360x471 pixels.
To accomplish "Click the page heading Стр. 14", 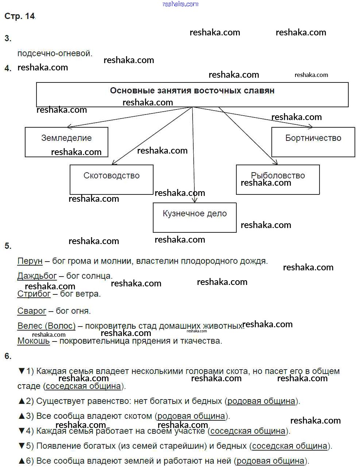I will point(20,16).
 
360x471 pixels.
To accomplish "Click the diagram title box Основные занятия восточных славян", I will point(192,94).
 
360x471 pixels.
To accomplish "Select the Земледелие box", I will point(66,142).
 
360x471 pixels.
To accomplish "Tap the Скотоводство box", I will point(111,179).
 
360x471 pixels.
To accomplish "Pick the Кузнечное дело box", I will point(194,217).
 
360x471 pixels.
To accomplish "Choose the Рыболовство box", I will point(278,179).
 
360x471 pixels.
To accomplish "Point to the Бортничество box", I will point(313,142).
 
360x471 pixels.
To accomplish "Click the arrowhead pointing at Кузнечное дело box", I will point(195,200).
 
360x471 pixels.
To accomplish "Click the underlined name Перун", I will point(30,261).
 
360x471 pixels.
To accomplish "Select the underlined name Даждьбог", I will point(37,276).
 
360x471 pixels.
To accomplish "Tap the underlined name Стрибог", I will point(34,294).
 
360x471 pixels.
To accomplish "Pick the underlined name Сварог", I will point(32,311).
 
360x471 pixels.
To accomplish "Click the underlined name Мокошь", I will point(34,341).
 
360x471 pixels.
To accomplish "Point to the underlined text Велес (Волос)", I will point(46,326).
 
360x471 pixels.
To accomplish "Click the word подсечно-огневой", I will point(55,53).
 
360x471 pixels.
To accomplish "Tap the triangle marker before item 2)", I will point(21,401).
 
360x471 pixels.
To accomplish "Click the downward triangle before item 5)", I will point(21,446).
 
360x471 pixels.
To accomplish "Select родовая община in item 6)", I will point(270,461).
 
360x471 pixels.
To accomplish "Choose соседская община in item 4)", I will point(248,431).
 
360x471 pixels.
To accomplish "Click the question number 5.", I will point(8,246).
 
